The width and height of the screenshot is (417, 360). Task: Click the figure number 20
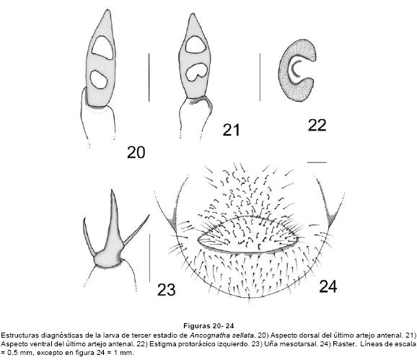pyautogui.click(x=136, y=152)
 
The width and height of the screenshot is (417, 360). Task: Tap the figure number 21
pyautogui.click(x=231, y=130)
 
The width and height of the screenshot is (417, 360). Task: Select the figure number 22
pyautogui.click(x=317, y=125)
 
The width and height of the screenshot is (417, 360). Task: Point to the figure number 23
pyautogui.click(x=166, y=289)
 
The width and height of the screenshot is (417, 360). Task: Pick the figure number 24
pyautogui.click(x=328, y=286)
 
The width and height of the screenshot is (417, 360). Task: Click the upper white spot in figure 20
pyautogui.click(x=102, y=48)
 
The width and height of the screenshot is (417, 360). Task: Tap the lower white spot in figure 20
pyautogui.click(x=99, y=79)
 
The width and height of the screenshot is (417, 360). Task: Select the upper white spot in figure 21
pyautogui.click(x=196, y=45)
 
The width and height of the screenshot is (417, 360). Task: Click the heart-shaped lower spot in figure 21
pyautogui.click(x=196, y=72)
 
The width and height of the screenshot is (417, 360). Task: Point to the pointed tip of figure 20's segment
pyautogui.click(x=107, y=10)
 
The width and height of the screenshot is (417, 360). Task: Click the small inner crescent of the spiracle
pyautogui.click(x=294, y=69)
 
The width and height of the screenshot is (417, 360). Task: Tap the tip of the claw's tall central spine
pyautogui.click(x=112, y=190)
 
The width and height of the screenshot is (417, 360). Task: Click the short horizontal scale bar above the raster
pyautogui.click(x=317, y=162)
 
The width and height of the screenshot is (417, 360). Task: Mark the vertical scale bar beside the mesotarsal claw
pyautogui.click(x=150, y=258)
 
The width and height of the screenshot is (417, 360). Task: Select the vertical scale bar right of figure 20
pyautogui.click(x=149, y=77)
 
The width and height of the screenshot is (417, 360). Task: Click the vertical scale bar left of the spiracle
pyautogui.click(x=260, y=77)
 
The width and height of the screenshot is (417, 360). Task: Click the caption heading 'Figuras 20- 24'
pyautogui.click(x=208, y=325)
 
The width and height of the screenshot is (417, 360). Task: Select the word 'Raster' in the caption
pyautogui.click(x=346, y=344)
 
